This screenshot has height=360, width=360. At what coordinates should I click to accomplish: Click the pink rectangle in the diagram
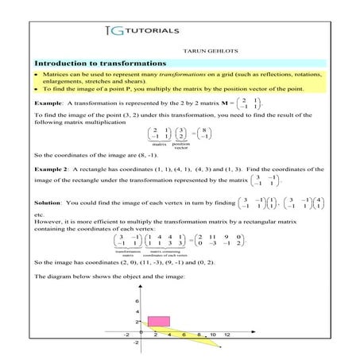[x=158, y=320]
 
